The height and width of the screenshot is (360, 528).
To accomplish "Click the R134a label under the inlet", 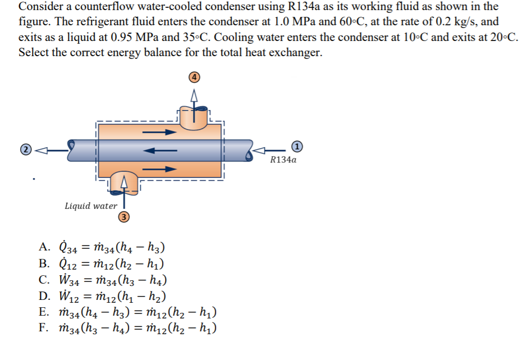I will pyautogui.click(x=283, y=160).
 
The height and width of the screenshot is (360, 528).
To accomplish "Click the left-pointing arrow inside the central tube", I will pyautogui.click(x=160, y=151).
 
